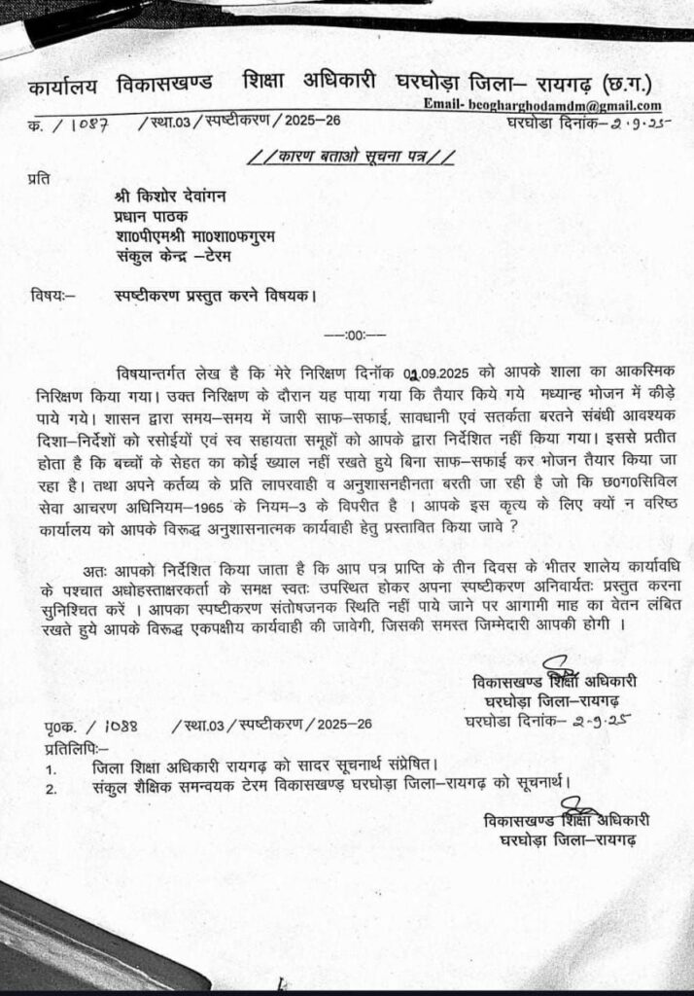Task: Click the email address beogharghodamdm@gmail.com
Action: click(542, 106)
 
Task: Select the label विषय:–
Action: click(52, 296)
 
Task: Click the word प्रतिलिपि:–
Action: click(77, 747)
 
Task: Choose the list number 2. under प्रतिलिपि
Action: click(51, 785)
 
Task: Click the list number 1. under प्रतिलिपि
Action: click(50, 767)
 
